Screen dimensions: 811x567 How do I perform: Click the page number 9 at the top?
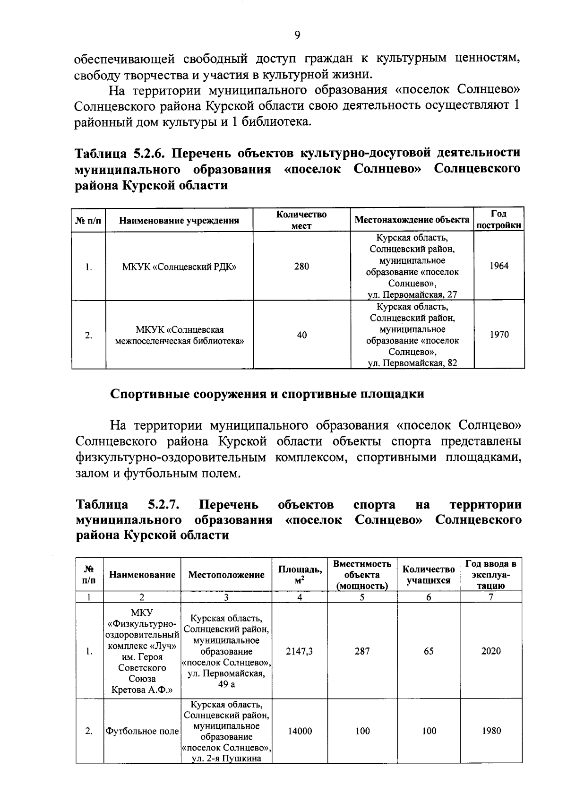[297, 35]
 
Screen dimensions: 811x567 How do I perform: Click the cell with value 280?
[301, 267]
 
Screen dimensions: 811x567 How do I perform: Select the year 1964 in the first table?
[499, 266]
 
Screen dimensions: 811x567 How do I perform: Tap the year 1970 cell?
[499, 335]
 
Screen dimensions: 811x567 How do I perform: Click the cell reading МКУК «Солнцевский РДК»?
[179, 267]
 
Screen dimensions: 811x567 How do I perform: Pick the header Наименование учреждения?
[179, 220]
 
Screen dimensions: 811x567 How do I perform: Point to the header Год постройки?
[499, 220]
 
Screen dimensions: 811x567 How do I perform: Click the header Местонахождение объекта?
[412, 220]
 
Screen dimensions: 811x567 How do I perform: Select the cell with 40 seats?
[301, 335]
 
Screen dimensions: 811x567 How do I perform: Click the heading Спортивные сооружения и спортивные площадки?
[267, 394]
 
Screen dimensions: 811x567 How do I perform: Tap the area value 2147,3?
[300, 651]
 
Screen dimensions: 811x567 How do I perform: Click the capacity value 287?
[362, 651]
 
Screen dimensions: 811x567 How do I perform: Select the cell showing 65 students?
[429, 651]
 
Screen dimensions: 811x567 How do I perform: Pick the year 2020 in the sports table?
[491, 651]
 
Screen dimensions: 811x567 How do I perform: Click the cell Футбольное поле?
[142, 731]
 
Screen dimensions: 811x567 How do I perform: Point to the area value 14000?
[300, 731]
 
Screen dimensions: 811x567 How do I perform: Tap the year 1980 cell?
[491, 731]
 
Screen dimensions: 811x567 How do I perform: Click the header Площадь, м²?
[300, 574]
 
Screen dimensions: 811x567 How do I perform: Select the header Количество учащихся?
[429, 575]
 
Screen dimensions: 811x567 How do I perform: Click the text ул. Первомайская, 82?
[412, 363]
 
